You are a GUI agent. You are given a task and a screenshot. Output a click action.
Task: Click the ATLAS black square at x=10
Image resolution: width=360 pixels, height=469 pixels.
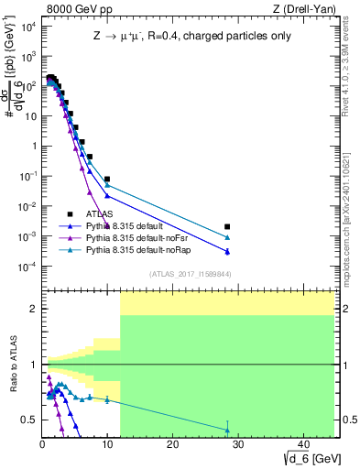tap(107, 180)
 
